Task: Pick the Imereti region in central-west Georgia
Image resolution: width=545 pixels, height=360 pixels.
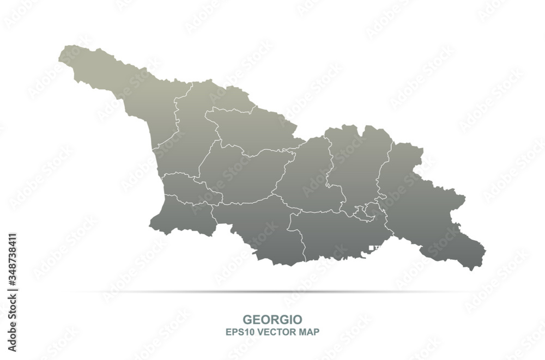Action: click(240, 174)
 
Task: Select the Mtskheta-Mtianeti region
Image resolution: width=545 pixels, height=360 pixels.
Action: click(354, 163)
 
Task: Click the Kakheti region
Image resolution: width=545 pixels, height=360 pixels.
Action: click(425, 207)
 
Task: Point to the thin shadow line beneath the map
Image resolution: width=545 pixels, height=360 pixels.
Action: click(272, 292)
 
